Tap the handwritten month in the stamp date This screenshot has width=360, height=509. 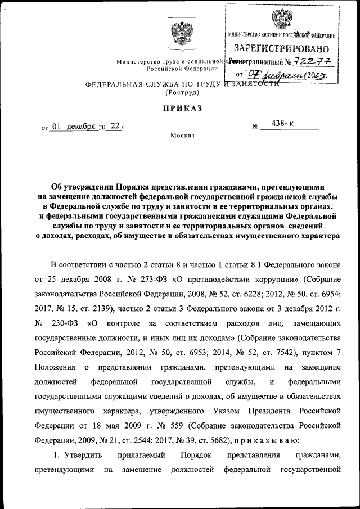coord(283,73)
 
